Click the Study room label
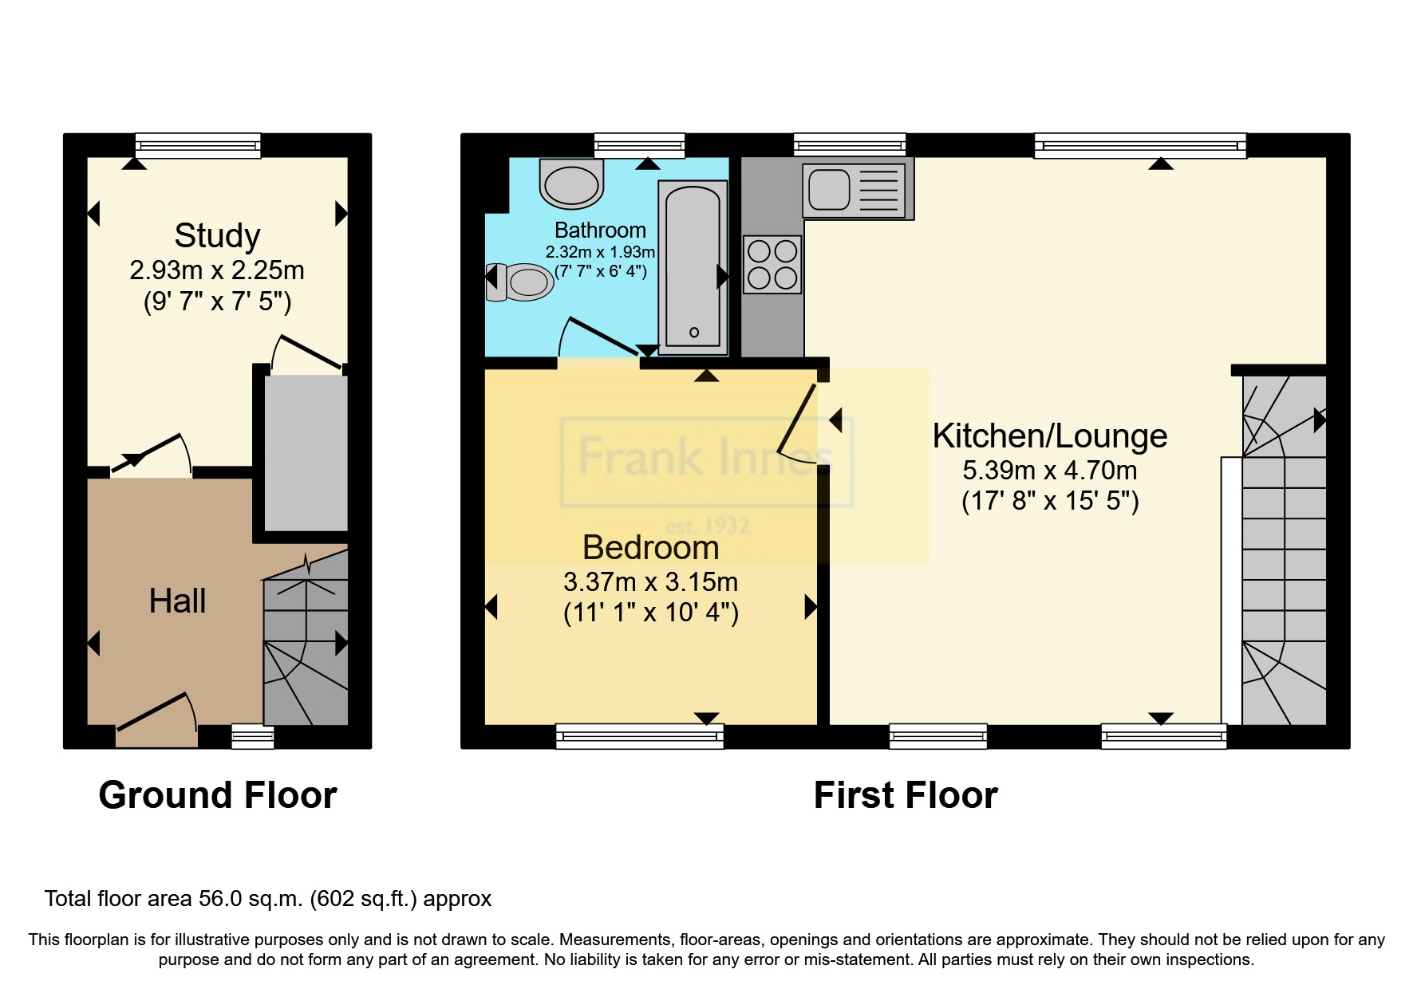217,236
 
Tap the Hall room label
177,601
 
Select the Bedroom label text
650,548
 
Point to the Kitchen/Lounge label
1050,436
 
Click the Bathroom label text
600,231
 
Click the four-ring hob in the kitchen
772,264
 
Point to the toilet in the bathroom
519,282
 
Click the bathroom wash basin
571,182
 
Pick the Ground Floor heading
218,795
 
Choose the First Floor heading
906,795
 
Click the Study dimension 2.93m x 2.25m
217,270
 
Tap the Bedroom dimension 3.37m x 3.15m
650,582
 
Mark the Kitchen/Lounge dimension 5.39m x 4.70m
1050,470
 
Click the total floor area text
268,899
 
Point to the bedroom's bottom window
640,736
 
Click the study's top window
198,145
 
